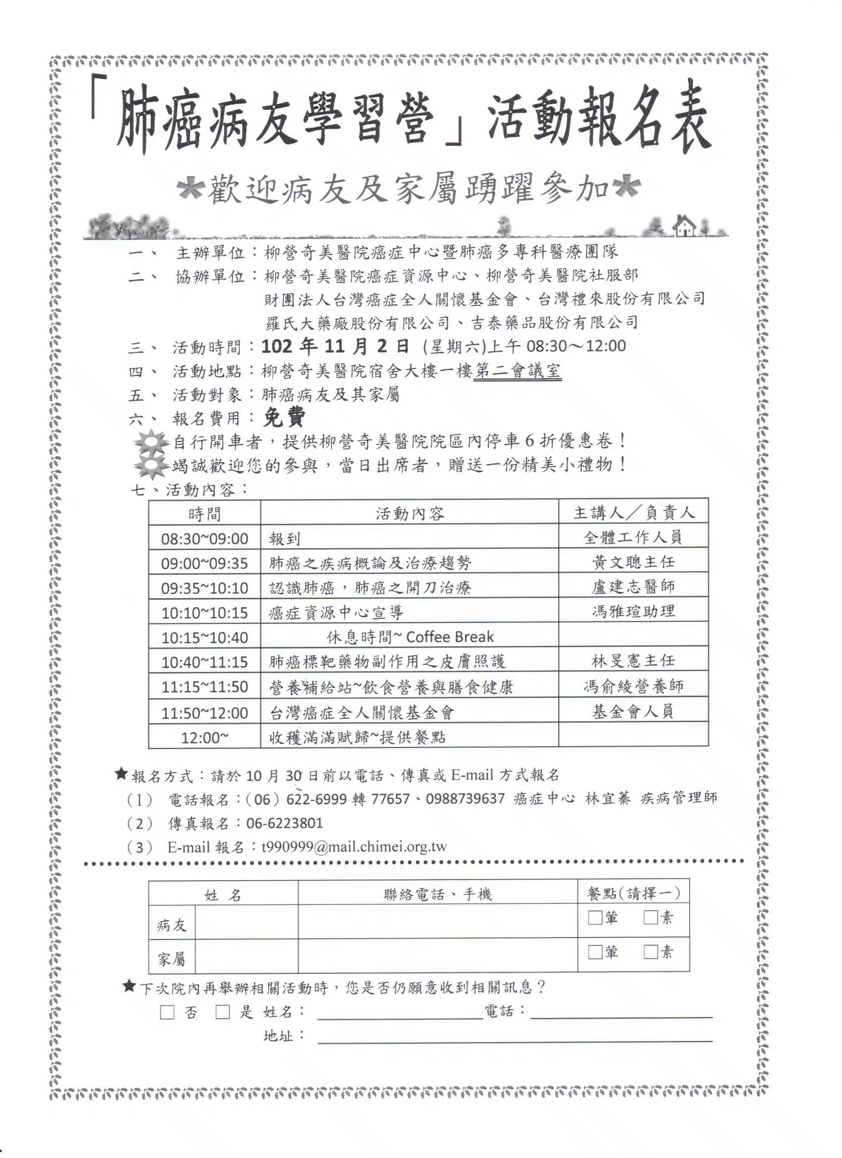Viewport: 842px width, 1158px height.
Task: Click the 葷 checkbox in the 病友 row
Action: [x=595, y=918]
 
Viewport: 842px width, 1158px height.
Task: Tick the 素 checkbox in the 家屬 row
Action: [x=650, y=952]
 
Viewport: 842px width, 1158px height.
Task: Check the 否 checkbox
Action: [x=167, y=1012]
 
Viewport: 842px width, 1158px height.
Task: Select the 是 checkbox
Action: [x=222, y=1012]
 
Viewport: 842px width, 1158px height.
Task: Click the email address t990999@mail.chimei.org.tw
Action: [x=354, y=847]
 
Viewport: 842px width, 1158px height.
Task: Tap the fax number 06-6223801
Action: [x=284, y=823]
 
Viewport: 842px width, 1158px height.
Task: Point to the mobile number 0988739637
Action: [x=465, y=798]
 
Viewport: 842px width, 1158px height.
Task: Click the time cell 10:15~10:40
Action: [x=204, y=638]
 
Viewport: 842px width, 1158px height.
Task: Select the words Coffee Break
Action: [x=450, y=636]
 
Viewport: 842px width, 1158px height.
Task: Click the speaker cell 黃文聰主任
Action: [x=633, y=562]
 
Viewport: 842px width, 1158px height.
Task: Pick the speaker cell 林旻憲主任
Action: [x=633, y=661]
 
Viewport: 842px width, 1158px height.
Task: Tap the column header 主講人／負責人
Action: [x=633, y=513]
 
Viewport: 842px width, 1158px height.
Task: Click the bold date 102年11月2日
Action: [x=335, y=347]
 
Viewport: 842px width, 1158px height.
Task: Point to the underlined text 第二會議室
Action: [x=517, y=370]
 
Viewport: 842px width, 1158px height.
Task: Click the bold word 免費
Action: [x=284, y=418]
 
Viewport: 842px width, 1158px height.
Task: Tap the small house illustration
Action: [x=684, y=226]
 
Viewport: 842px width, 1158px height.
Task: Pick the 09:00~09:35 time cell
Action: [x=204, y=564]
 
